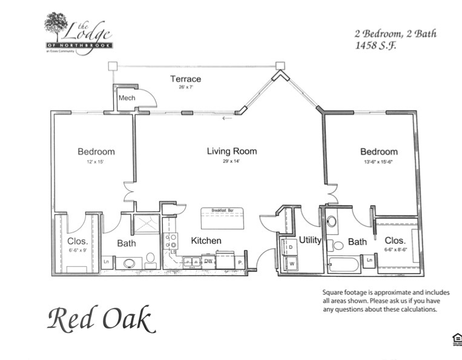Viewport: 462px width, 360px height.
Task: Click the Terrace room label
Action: tap(185, 79)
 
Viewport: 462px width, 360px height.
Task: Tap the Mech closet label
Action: tap(127, 98)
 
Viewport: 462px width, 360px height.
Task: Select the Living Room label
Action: tap(232, 151)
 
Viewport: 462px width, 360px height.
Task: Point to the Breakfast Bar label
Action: tap(227, 210)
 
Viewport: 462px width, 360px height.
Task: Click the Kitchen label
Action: tap(206, 241)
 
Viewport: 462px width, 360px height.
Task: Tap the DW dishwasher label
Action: tap(208, 261)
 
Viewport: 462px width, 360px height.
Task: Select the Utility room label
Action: tap(310, 240)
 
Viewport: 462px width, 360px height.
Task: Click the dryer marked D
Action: tap(291, 247)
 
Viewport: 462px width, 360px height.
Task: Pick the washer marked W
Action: tap(291, 264)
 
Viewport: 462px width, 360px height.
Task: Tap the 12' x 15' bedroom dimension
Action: tap(96, 162)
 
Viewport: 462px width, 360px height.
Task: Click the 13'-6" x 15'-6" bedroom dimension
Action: tap(379, 162)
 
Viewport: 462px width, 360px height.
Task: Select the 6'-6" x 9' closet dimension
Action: tap(78, 250)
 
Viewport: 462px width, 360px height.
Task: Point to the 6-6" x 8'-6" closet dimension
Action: tap(395, 250)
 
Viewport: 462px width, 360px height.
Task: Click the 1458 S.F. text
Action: tap(375, 45)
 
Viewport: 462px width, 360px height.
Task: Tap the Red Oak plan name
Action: tap(101, 319)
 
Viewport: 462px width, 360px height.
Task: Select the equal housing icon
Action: tap(457, 339)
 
